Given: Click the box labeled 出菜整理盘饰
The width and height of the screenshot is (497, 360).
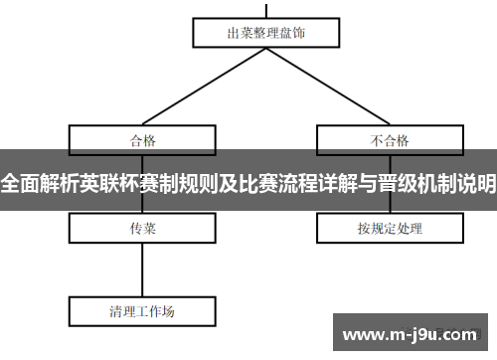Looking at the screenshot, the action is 265,33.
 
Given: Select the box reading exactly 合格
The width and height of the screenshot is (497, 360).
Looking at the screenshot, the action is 143,139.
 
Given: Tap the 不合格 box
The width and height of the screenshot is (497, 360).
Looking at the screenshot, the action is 390,139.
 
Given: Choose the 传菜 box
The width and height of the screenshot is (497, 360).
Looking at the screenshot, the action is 143,229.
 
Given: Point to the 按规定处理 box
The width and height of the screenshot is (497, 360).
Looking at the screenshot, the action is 390,229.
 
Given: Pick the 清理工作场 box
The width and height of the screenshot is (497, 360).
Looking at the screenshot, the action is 142,310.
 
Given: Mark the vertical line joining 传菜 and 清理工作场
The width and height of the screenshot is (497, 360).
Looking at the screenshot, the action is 143,269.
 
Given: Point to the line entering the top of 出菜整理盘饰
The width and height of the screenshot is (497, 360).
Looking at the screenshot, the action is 266,8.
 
